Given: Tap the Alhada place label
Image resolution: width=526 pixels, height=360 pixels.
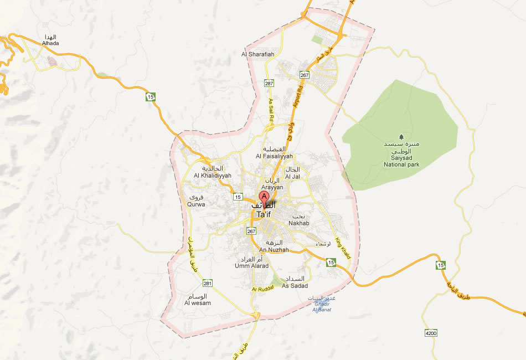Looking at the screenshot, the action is point(50,43).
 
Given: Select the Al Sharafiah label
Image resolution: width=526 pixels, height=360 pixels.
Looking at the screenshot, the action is point(258,54).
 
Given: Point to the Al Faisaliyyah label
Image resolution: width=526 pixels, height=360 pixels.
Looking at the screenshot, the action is point(274,156).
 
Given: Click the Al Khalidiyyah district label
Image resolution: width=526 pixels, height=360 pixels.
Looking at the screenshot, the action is point(212,176).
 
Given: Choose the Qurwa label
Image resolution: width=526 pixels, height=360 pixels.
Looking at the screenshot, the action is point(197,204).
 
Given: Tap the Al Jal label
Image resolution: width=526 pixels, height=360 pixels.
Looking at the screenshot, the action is point(292,177).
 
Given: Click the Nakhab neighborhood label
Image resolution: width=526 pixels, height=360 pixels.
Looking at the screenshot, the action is point(299,223).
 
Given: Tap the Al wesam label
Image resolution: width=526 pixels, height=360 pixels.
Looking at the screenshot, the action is point(197,303).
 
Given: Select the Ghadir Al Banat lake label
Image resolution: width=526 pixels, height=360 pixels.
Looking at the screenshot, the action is point(322,306).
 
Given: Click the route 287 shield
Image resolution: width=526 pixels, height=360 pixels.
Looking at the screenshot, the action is point(269,83).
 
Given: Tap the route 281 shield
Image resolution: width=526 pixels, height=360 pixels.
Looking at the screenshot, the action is point(207,283).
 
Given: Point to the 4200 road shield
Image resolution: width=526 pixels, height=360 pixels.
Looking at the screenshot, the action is point(431,333).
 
